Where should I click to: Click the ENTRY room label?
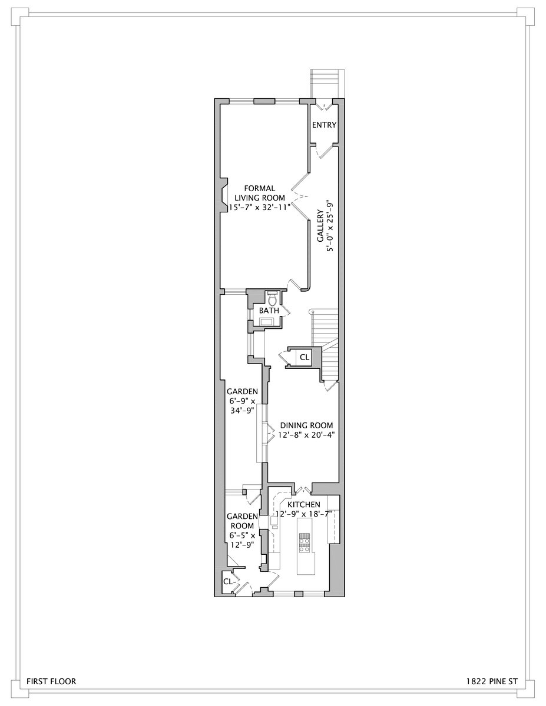coord(324,125)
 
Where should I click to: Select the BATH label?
coord(269,310)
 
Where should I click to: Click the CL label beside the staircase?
coord(304,357)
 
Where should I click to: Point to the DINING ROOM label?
coord(306,425)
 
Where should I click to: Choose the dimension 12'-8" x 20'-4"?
coord(306,435)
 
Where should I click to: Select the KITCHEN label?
coord(304,504)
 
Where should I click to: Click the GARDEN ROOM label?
coord(241,521)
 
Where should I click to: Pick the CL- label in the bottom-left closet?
coord(229,581)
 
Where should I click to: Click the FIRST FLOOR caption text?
coord(51,682)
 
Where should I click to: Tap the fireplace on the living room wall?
coord(224,194)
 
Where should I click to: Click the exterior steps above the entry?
coord(325,82)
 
